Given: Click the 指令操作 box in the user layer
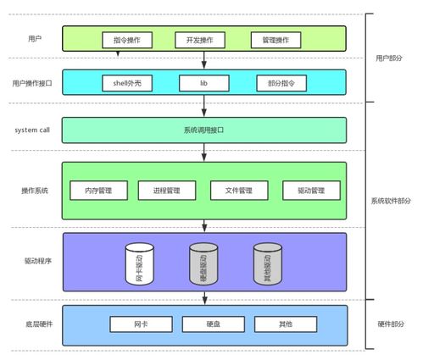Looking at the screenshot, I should point(127,40).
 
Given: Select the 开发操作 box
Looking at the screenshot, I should point(199,40).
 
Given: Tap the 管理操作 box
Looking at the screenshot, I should point(276,40).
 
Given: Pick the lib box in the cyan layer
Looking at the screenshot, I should point(203,83).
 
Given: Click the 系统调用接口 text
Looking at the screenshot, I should point(204,130).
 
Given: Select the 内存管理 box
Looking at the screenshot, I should point(98,191).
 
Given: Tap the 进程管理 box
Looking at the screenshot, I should point(167,191).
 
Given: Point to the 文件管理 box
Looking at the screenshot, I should point(239,191).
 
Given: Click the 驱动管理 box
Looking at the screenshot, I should point(311,191).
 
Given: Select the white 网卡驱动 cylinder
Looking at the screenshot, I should point(140,263).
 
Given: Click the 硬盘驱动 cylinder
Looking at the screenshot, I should point(203,263).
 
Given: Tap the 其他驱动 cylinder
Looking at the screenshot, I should point(268,263).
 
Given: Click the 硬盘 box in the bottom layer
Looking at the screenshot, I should point(212,324).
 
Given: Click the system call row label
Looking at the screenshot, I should point(34,130).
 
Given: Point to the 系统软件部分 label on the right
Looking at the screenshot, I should point(391,201).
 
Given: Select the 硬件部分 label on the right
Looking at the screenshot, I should point(391,324).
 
